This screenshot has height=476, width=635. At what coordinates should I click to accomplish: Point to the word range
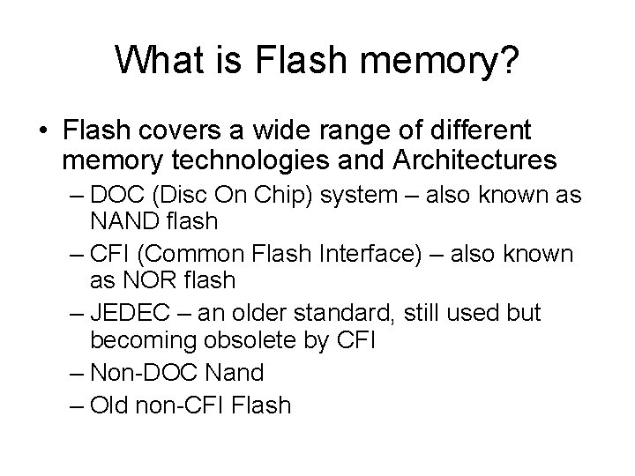[371, 132]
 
